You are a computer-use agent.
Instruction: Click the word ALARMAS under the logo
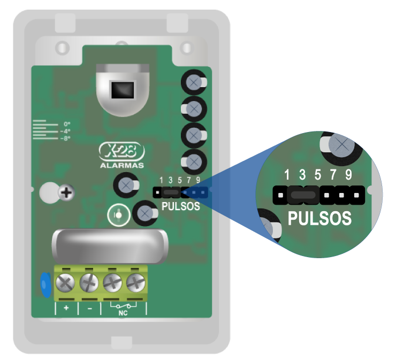pyautogui.click(x=121, y=165)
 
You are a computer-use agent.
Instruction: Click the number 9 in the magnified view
pyautogui.click(x=348, y=175)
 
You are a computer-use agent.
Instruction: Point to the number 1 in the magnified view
pyautogui.click(x=287, y=175)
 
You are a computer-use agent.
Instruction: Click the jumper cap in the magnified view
pyautogui.click(x=302, y=195)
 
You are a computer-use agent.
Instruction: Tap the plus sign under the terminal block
pyautogui.click(x=67, y=308)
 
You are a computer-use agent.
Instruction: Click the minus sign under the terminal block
pyautogui.click(x=89, y=308)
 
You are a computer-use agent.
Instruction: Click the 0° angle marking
pyautogui.click(x=67, y=123)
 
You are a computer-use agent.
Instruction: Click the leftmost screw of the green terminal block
pyautogui.click(x=66, y=280)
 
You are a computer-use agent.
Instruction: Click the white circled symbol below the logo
pyautogui.click(x=118, y=215)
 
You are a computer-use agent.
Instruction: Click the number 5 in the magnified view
pyautogui.click(x=318, y=175)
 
